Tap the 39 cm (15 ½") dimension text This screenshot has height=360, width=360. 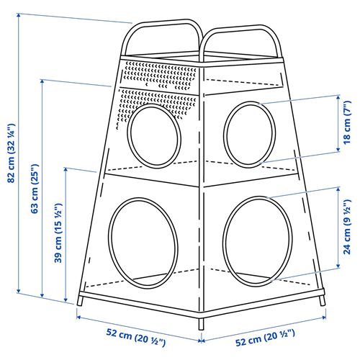click(x=55, y=233)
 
